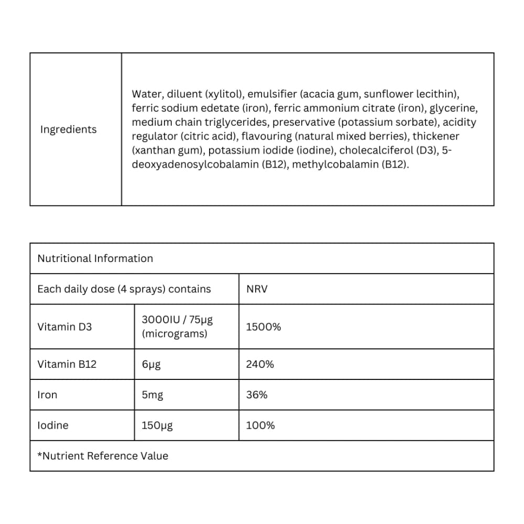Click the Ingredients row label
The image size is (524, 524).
click(68, 129)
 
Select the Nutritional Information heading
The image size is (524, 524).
click(95, 258)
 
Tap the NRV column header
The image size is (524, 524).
click(256, 289)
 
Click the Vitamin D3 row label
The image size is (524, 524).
click(64, 326)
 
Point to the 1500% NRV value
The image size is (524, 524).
click(263, 326)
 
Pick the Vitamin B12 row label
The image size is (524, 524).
click(67, 364)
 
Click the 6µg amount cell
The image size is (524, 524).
click(151, 364)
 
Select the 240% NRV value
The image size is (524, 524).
click(259, 364)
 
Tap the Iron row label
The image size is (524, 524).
click(47, 395)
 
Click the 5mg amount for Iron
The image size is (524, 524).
click(152, 395)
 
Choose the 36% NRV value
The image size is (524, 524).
click(256, 395)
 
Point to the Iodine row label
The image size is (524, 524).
click(53, 425)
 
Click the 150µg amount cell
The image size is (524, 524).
click(157, 425)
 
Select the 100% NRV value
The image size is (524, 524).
click(260, 425)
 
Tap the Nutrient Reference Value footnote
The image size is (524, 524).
click(103, 455)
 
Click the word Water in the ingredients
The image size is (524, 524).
click(146, 94)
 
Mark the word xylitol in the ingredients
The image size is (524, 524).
click(224, 94)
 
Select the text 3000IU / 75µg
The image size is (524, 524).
click(177, 320)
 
